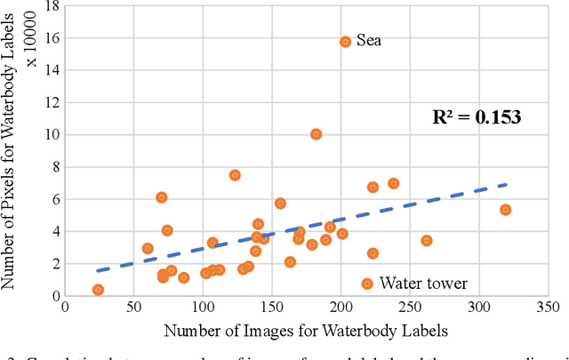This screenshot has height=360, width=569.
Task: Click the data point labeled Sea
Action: (346, 42)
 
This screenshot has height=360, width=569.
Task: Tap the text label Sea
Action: (369, 41)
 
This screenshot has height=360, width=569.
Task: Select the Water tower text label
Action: (423, 284)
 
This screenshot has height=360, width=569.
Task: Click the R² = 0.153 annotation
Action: (476, 116)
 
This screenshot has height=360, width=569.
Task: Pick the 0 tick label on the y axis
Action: (54, 296)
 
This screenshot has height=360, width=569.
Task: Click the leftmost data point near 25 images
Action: (98, 290)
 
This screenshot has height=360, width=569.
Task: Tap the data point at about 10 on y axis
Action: (316, 134)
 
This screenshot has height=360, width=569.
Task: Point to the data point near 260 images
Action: (427, 241)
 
